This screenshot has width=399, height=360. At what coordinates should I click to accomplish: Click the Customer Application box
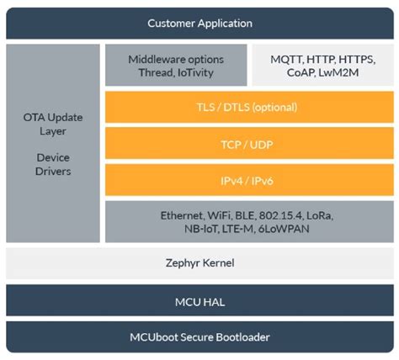(x=199, y=23)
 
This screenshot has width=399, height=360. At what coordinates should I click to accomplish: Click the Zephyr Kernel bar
(x=199, y=263)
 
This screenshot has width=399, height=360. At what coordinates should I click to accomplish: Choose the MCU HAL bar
(x=199, y=301)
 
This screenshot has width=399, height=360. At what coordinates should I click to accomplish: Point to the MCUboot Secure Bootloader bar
(x=199, y=338)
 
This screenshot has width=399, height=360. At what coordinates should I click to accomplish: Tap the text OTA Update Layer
(x=52, y=124)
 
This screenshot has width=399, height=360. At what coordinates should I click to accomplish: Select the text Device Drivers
(x=52, y=164)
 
